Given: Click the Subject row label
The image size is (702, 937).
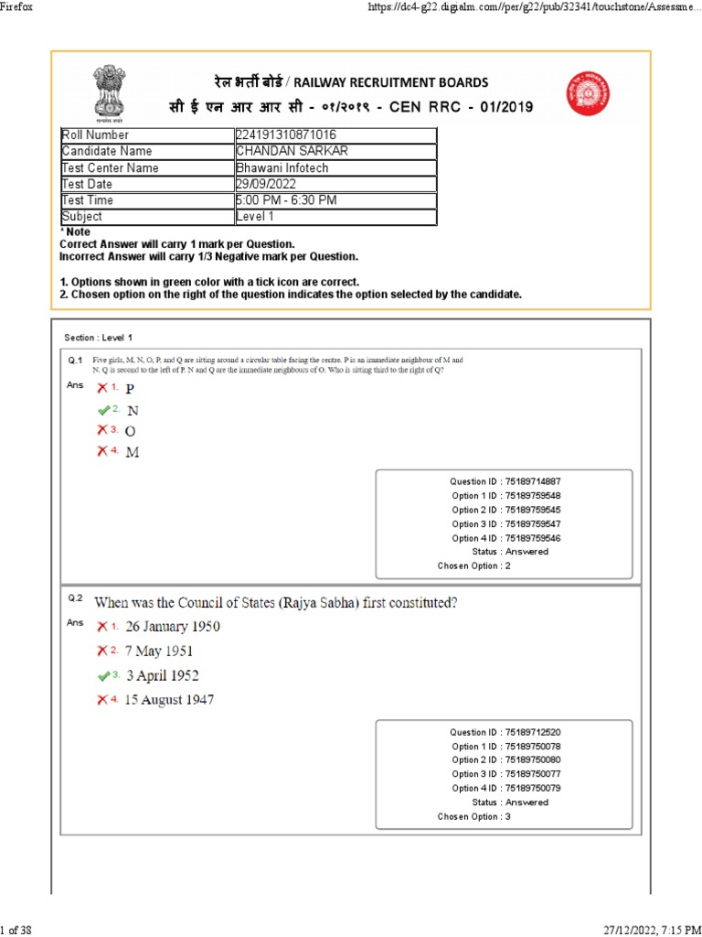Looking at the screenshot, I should click(82, 217).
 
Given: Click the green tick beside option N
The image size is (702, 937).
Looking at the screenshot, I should click(103, 409).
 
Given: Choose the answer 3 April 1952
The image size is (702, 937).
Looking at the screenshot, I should click(163, 676).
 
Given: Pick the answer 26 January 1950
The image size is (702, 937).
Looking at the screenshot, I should click(172, 627).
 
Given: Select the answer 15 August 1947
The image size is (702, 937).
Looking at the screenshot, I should click(170, 701).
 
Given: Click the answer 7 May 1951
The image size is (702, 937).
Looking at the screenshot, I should click(159, 652).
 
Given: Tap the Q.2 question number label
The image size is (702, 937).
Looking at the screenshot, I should click(75, 598).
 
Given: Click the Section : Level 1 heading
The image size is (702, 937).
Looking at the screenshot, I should click(98, 338).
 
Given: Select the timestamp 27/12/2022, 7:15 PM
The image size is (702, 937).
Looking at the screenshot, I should click(643, 930).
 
